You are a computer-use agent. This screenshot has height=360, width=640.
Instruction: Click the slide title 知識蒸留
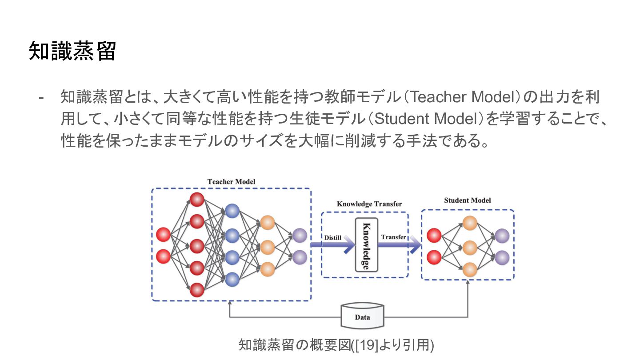72,52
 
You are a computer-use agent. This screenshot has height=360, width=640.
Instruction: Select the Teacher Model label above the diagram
231,182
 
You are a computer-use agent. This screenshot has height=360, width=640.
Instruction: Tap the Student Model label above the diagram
468,200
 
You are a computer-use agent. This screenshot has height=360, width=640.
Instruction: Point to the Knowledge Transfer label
369,204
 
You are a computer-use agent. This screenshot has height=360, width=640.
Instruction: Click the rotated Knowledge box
366,245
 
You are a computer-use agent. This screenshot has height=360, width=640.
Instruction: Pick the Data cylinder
362,316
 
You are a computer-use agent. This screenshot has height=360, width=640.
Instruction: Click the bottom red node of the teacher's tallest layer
197,290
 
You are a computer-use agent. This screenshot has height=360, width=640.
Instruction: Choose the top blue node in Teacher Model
232,211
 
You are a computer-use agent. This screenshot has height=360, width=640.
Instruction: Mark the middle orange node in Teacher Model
268,246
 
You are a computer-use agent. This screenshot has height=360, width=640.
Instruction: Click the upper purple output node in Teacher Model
300,235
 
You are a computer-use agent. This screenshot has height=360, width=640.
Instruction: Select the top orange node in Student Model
470,223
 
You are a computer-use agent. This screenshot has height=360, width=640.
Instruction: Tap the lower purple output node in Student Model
502,257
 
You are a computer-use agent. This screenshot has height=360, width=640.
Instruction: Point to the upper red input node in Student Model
434,235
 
